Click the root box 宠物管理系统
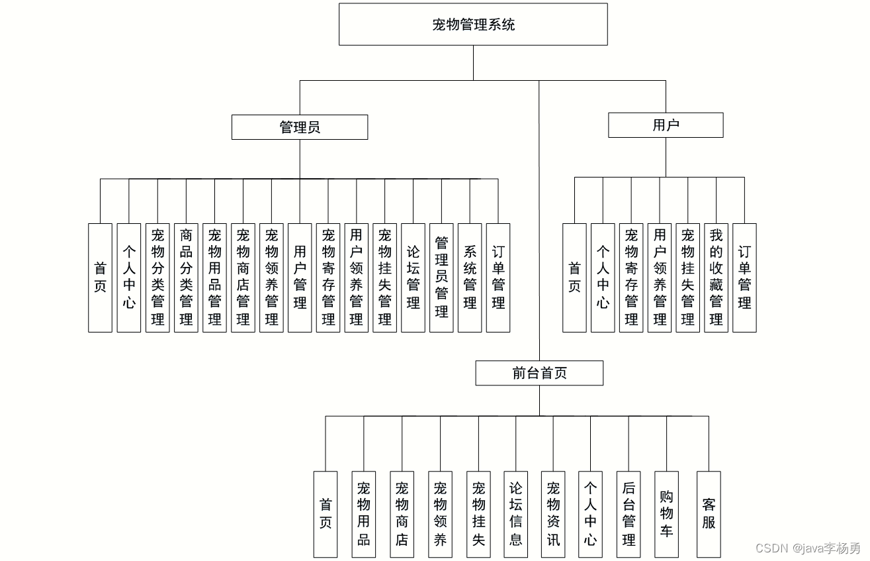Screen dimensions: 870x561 (x=473, y=25)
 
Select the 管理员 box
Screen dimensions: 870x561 (x=300, y=127)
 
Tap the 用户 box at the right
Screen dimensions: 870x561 (x=666, y=125)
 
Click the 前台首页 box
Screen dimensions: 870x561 (x=539, y=373)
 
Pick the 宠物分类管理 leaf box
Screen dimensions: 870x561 (x=157, y=278)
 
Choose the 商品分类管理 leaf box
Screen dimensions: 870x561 (x=186, y=278)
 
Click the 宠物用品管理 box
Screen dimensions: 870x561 (x=214, y=278)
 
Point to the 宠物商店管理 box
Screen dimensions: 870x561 (x=243, y=278)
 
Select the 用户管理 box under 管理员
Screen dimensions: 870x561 (x=300, y=278)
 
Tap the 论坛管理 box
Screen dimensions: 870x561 (x=413, y=278)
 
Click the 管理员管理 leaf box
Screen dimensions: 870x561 (x=441, y=278)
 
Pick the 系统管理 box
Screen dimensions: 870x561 (x=470, y=278)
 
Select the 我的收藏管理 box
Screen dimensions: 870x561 (x=717, y=278)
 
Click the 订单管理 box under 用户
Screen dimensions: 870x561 (x=744, y=278)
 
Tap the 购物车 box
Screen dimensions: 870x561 (x=666, y=515)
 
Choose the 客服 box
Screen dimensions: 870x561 (x=709, y=515)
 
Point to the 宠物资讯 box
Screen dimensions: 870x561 (x=553, y=515)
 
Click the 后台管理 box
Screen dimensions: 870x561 (x=629, y=515)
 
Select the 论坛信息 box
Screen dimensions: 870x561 (x=516, y=515)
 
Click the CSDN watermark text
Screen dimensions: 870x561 (x=808, y=548)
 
